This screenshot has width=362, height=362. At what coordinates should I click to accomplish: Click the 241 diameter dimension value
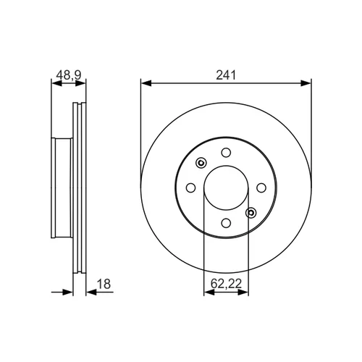click(x=226, y=75)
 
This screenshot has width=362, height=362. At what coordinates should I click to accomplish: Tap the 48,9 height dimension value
click(x=69, y=75)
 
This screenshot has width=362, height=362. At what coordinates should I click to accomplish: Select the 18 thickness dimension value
click(x=104, y=284)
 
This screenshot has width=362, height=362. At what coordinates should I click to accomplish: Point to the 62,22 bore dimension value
click(x=226, y=284)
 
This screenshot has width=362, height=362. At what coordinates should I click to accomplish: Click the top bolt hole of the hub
click(x=226, y=153)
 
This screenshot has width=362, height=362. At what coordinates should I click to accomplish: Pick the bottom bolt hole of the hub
click(x=226, y=223)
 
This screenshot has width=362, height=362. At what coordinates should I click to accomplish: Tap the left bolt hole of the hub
click(x=191, y=188)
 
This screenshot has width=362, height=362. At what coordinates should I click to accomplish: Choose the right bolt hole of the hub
click(x=261, y=188)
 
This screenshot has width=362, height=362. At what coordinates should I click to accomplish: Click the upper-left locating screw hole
click(x=201, y=163)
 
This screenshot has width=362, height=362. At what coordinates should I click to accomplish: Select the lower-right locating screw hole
click(x=251, y=213)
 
